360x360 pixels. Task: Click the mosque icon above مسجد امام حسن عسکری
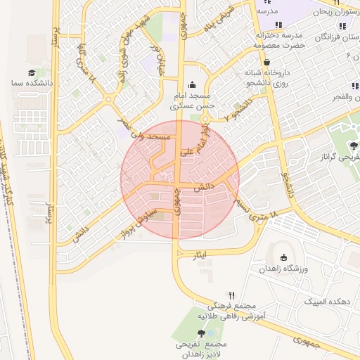191,85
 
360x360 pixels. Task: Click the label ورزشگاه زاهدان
283,269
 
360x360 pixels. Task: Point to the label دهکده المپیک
325,301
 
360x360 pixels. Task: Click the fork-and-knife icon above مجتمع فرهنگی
231,295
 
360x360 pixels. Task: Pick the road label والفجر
347,97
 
